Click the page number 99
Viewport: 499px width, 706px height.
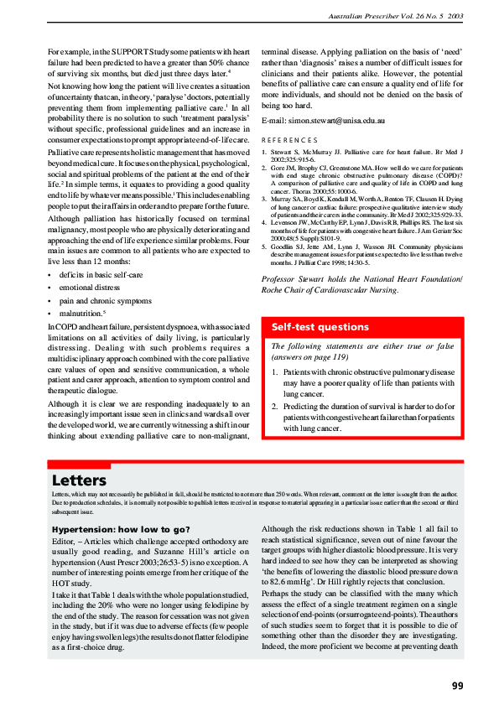point(457,685)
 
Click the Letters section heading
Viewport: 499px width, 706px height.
point(79,480)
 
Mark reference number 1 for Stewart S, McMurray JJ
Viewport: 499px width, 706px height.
point(265,153)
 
